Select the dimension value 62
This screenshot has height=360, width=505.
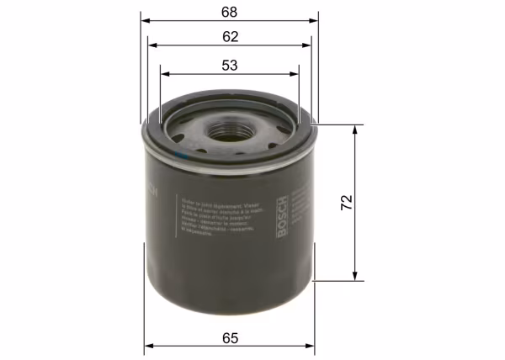(x=230, y=37)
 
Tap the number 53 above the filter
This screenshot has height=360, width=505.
(x=230, y=64)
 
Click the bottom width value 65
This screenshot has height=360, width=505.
(x=231, y=337)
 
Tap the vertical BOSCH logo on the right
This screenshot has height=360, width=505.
(x=284, y=215)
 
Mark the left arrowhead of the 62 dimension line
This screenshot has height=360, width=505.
(x=150, y=45)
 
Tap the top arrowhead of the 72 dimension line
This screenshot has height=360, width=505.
(x=357, y=128)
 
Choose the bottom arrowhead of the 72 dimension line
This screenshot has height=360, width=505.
(x=357, y=277)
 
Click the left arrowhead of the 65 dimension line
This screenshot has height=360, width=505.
(x=147, y=345)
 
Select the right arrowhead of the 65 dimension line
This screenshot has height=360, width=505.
(x=312, y=345)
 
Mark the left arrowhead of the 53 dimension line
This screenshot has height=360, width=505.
(x=162, y=72)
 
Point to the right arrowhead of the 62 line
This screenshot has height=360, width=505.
(x=309, y=45)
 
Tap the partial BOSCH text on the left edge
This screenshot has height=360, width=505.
(x=152, y=189)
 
